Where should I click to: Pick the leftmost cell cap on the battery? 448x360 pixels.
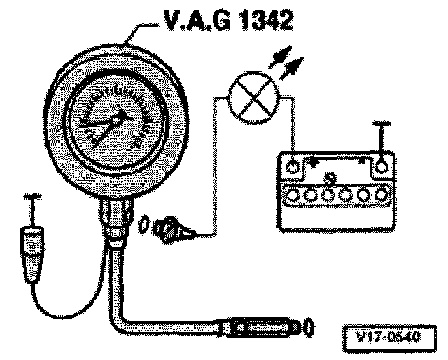point(294,193)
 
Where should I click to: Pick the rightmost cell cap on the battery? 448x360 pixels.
point(381,193)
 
